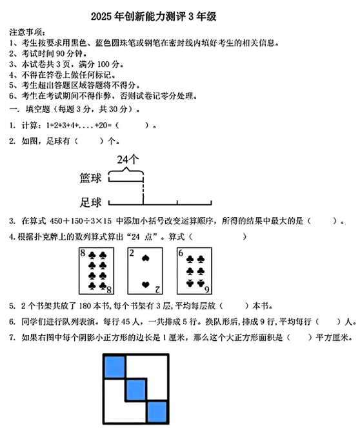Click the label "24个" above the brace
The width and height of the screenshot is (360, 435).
coord(128,159)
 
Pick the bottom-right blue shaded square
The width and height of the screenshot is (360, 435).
coord(158,410)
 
